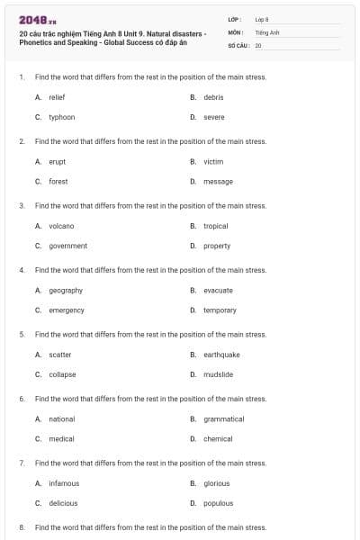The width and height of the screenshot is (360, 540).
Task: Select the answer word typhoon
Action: [x=61, y=117]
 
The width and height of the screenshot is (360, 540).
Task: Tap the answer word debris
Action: [x=213, y=97]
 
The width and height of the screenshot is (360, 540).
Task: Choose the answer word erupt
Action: [x=57, y=161]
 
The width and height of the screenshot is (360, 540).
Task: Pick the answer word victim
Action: [x=213, y=161]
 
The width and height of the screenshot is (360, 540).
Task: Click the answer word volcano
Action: [x=61, y=226]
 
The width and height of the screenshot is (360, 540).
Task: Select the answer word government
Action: [x=67, y=246]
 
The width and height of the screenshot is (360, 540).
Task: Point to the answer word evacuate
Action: [x=218, y=290]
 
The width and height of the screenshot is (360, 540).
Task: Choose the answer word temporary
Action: [x=220, y=310]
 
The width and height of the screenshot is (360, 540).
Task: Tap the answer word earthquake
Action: [x=221, y=355]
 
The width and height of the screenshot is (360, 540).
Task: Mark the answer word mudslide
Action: [x=218, y=374]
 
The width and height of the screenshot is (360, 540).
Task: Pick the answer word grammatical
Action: [x=223, y=418]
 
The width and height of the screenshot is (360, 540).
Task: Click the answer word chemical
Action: [x=218, y=438]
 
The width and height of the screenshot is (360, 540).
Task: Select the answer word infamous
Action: [x=64, y=483]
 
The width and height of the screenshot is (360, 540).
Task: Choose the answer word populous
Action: [x=218, y=503]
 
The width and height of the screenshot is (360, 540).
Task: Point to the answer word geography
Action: [x=66, y=290]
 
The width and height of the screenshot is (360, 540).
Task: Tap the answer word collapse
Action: [x=62, y=374]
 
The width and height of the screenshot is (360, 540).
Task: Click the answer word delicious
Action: [x=63, y=503]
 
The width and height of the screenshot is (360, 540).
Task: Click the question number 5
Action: [x=21, y=334]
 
